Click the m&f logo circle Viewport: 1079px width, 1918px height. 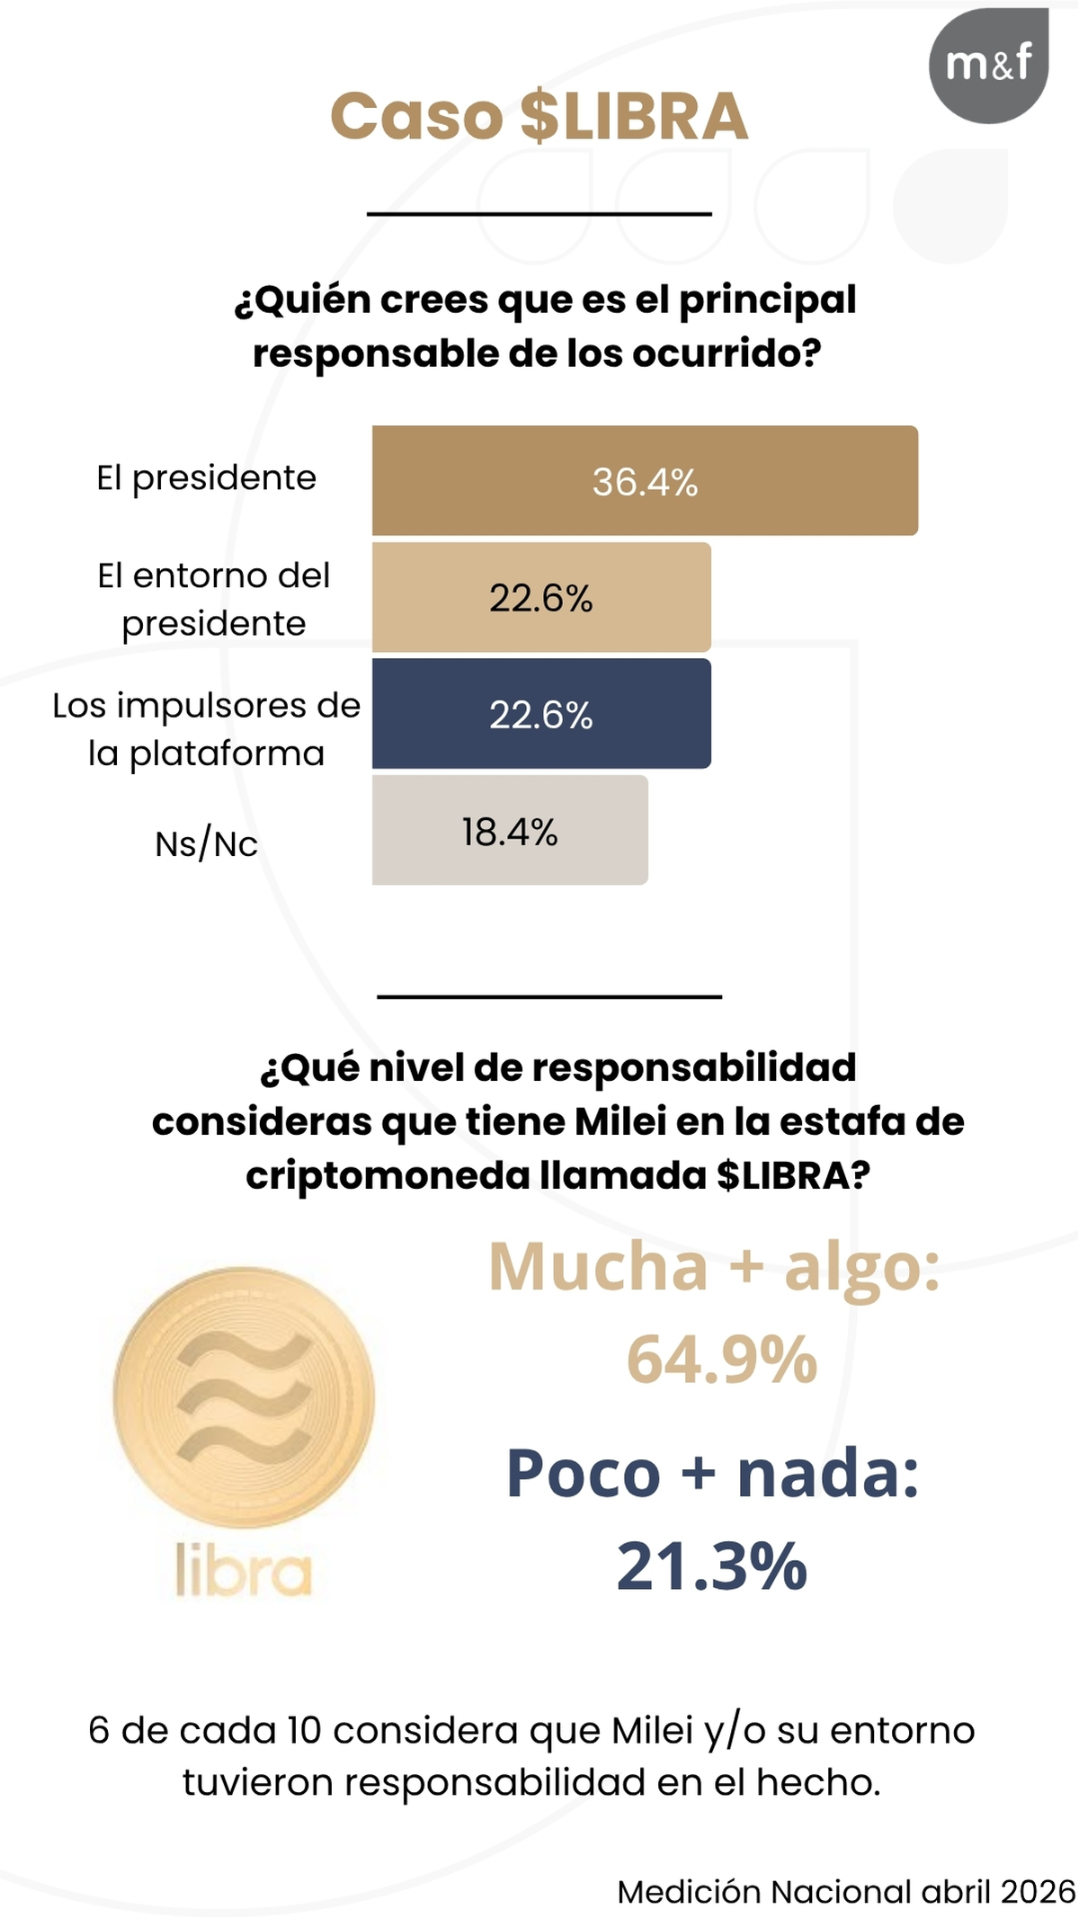(x=988, y=66)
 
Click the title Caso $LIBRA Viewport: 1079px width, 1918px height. (x=539, y=117)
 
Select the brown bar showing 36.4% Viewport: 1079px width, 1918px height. (x=645, y=481)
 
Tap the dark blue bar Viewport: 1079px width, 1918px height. (x=541, y=714)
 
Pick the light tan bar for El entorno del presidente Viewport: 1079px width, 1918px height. (x=541, y=597)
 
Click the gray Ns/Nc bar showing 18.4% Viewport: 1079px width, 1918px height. (x=509, y=830)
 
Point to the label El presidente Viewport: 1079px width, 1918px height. (x=206, y=477)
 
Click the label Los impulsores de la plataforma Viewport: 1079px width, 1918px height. (x=206, y=728)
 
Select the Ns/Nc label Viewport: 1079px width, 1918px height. (x=206, y=844)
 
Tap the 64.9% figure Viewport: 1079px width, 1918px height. (x=721, y=1359)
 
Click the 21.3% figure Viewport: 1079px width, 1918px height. (x=711, y=1566)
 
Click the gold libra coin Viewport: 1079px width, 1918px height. (x=244, y=1396)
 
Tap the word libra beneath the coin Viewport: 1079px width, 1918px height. (x=244, y=1571)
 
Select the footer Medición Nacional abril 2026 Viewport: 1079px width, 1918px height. (x=845, y=1891)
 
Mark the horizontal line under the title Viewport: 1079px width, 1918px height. (x=539, y=214)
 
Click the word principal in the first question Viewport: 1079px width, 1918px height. (x=767, y=299)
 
